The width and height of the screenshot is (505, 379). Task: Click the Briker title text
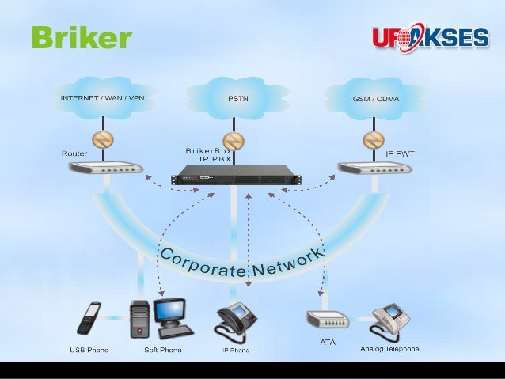[80, 37]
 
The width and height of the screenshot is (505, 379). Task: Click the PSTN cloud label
[235, 100]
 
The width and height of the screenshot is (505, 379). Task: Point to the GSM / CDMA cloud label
[376, 100]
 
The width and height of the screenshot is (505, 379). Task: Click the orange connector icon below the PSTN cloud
[234, 142]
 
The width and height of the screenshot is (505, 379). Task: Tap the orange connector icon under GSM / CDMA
[374, 141]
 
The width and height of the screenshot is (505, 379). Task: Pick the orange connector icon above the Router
[101, 141]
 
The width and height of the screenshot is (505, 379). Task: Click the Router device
[104, 169]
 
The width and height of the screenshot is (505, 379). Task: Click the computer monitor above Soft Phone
[170, 310]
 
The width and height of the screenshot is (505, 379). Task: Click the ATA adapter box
[326, 320]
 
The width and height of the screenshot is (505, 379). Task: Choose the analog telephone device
[390, 318]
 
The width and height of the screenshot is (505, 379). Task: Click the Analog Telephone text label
[389, 348]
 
